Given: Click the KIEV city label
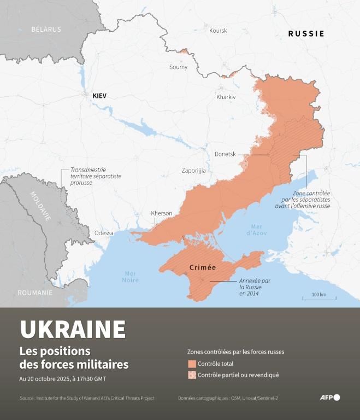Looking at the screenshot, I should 99,96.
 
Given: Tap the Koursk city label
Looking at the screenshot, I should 218,31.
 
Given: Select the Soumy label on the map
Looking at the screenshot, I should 179,67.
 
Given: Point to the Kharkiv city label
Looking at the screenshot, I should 226,97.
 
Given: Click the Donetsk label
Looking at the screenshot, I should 225,154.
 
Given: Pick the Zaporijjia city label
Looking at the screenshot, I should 194,171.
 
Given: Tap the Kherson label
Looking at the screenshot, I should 161,213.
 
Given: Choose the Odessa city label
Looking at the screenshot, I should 104,233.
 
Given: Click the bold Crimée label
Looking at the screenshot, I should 202,268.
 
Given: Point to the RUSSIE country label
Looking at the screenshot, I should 306,34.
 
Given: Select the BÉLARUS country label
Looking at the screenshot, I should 46,29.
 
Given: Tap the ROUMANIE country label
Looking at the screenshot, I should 35,293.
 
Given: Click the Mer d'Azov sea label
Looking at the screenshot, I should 256,230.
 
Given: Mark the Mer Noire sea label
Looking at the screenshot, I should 131,277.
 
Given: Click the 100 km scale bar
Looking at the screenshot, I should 319,297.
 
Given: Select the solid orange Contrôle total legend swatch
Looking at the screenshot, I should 192,364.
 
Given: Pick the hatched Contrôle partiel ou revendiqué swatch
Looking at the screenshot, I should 192,375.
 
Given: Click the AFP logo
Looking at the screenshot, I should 329,398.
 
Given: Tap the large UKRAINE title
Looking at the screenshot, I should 73,329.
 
